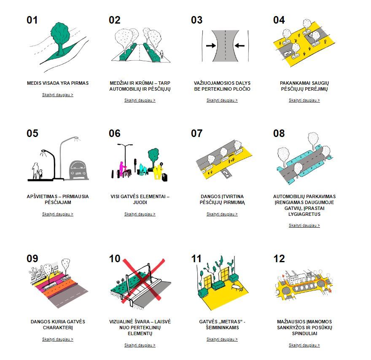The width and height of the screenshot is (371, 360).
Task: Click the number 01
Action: click(x=32, y=20)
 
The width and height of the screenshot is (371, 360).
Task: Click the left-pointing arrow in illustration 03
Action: click(x=240, y=46)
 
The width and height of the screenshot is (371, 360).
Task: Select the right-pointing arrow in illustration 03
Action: click(x=211, y=46)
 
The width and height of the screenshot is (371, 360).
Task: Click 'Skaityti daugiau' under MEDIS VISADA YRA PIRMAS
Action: click(x=58, y=95)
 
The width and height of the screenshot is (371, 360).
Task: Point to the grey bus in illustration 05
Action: click(x=78, y=170)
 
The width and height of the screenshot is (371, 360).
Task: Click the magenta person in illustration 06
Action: click(x=121, y=169)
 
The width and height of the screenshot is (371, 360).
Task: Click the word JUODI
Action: click(x=140, y=202)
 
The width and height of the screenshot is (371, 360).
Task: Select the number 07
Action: click(x=196, y=133)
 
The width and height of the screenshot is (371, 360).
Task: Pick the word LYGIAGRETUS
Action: click(x=304, y=214)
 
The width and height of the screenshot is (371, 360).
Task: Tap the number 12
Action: click(x=279, y=259)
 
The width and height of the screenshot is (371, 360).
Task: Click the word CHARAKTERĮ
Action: click(x=58, y=328)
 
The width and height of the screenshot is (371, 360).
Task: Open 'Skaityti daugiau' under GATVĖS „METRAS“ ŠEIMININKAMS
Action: click(x=222, y=339)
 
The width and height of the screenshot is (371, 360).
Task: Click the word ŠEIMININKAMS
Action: click(x=222, y=328)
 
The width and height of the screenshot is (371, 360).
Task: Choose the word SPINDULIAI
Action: click(x=304, y=333)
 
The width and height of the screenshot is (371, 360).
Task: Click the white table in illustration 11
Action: click(x=236, y=287)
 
